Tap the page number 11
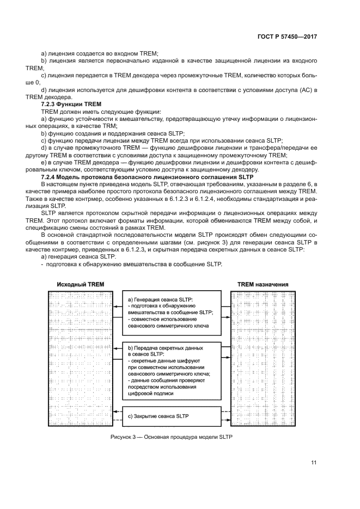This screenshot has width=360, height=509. (314, 463)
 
